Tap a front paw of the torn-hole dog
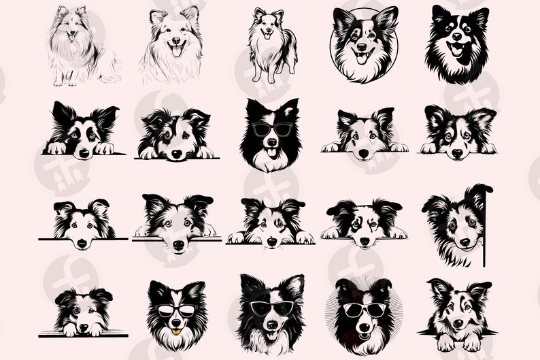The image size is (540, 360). pos(443,343)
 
